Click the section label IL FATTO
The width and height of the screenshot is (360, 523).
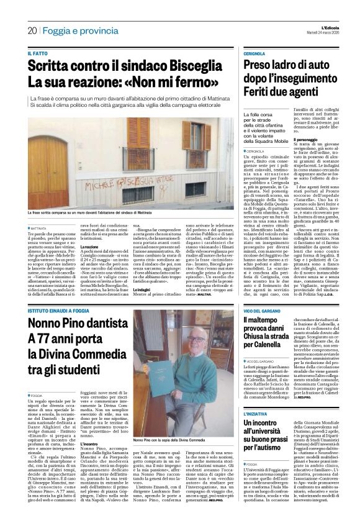click(37, 54)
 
